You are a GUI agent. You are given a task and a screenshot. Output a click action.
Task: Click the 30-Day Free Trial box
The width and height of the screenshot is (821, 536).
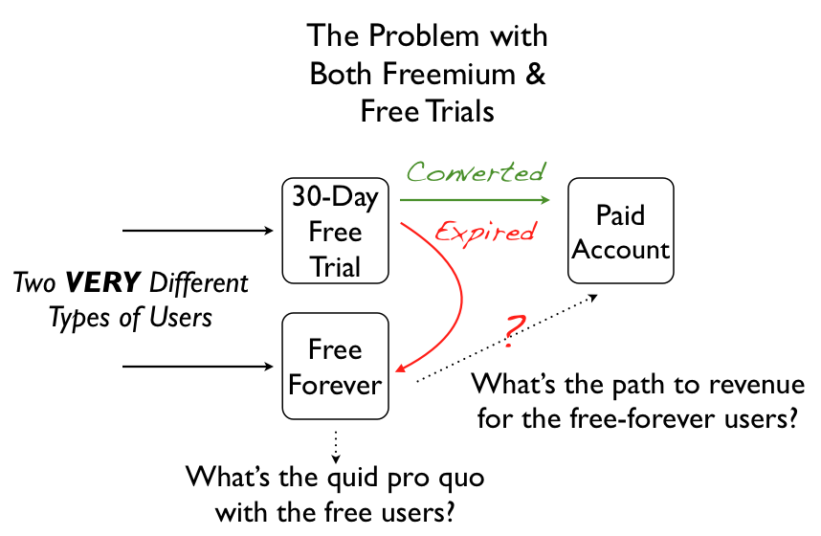[x=335, y=231]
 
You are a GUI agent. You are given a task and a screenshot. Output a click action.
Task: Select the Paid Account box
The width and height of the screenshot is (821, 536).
[x=620, y=232]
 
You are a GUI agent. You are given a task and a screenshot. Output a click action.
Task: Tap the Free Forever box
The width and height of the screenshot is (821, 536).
[x=335, y=367]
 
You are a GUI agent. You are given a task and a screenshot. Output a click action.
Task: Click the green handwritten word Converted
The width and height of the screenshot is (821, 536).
[x=476, y=172]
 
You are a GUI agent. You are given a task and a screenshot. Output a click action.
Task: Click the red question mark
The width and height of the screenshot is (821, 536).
[x=514, y=328]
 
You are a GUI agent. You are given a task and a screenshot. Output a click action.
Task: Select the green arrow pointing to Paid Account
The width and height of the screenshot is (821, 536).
[x=476, y=200]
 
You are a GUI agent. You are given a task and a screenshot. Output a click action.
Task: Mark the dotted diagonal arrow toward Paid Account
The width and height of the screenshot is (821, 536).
[x=498, y=342]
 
